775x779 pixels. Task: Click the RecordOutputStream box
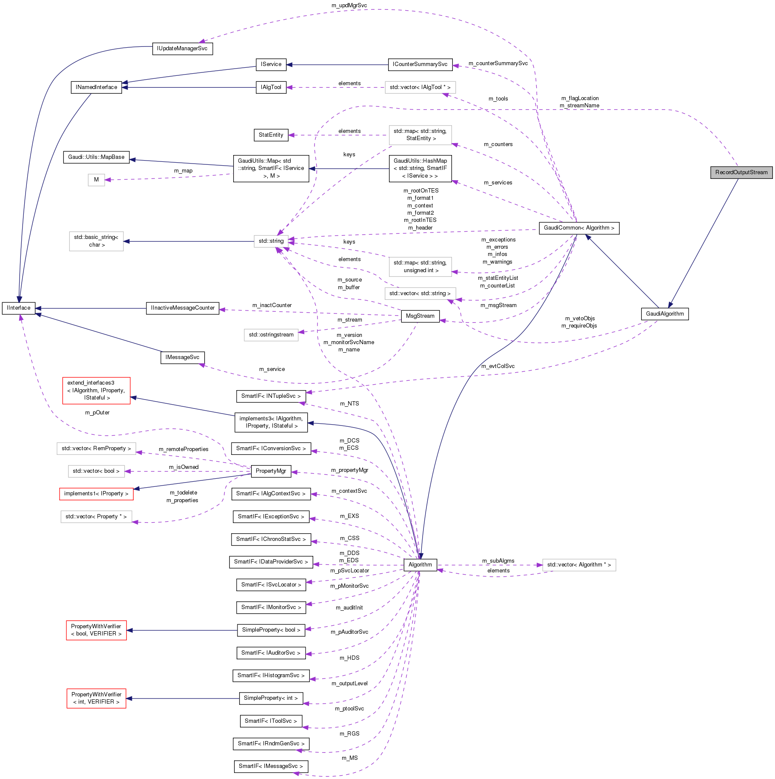pos(741,172)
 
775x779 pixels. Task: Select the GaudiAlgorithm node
pos(664,314)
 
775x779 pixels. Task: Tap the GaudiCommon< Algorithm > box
pos(579,228)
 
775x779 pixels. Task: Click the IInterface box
pos(18,308)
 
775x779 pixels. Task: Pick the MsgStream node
pos(420,316)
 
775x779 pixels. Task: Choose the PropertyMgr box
pos(271,471)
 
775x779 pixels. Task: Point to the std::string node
pos(271,241)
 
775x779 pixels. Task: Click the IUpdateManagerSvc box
pos(182,49)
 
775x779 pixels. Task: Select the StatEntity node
pos(271,135)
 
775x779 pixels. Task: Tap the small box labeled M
pos(96,180)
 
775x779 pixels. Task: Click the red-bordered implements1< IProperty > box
pos(96,494)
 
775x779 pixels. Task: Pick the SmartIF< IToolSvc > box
pos(271,721)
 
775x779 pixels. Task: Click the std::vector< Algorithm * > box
pos(579,565)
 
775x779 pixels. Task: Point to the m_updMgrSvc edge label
pos(349,6)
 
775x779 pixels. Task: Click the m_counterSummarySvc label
pos(498,63)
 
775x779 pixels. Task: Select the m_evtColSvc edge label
pos(498,366)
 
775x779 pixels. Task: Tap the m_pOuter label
pos(97,413)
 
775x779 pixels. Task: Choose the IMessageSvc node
pos(182,357)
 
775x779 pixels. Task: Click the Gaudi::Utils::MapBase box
pos(96,157)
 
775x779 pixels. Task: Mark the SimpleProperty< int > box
pos(271,698)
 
